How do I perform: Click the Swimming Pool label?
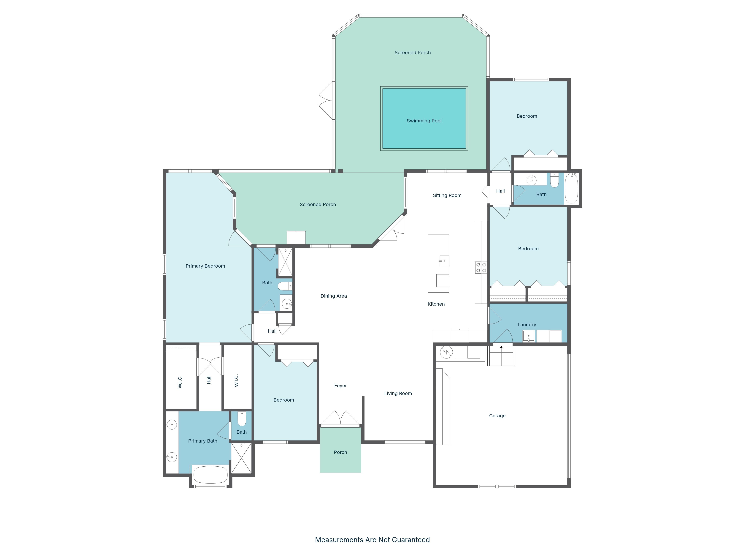point(424,121)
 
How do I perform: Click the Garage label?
point(497,416)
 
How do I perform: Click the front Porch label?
point(340,452)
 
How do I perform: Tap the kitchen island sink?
point(444,261)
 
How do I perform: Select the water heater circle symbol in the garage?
point(446,353)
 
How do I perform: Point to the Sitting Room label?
point(447,195)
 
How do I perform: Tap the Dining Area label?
point(333,296)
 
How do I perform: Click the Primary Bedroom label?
point(205,266)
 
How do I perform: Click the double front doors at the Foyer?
point(340,419)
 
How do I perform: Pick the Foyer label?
point(340,386)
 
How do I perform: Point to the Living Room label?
point(398,393)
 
